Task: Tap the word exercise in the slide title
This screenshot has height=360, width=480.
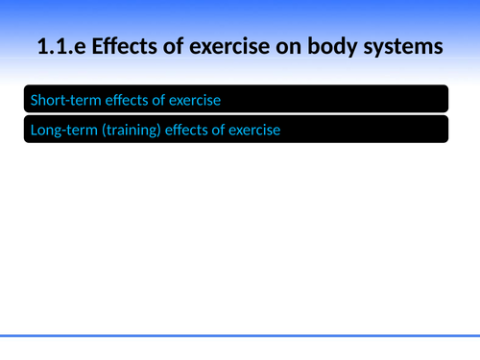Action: pos(232,45)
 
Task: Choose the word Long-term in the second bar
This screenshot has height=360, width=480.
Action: pos(62,130)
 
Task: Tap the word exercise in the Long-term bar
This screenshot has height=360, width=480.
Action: pos(253,130)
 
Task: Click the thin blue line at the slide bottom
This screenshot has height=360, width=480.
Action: pos(240,335)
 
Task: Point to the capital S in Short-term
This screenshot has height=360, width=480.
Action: pos(35,99)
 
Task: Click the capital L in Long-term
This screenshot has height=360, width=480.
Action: pos(34,130)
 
